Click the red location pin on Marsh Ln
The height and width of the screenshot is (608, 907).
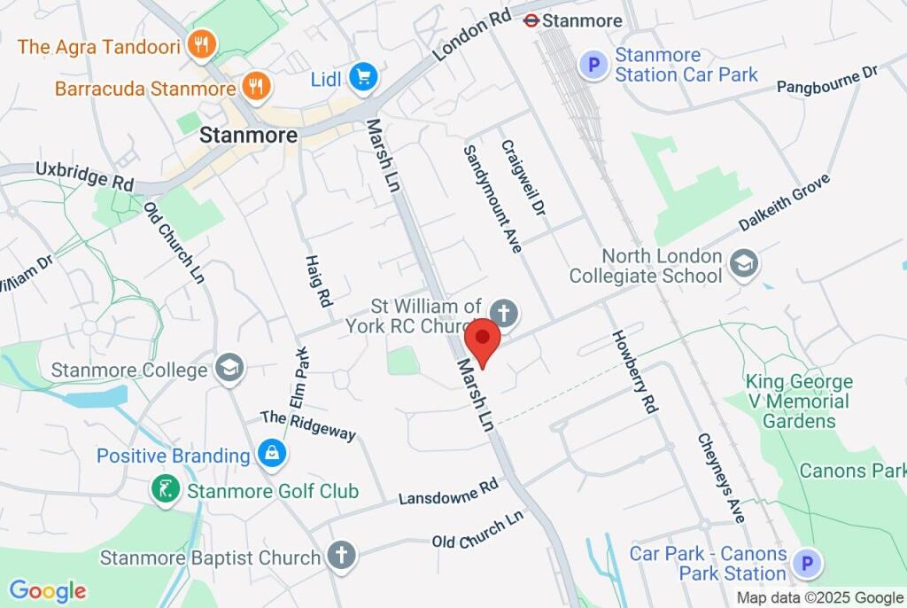483,341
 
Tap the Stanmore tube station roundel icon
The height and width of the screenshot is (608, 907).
531,19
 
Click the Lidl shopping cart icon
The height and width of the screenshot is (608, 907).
362,77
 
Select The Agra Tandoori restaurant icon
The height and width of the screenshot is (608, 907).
203,45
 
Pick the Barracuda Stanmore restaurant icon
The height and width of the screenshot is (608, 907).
258,87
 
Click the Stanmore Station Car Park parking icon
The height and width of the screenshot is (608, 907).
593,64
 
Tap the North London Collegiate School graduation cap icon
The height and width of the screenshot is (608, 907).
745,263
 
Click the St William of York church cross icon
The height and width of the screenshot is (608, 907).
504,313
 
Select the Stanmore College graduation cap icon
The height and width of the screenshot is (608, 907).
230,368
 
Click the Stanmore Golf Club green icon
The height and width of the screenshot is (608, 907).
165,489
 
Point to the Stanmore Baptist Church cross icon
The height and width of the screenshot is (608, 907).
340,556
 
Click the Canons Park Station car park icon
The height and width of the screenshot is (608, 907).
807,563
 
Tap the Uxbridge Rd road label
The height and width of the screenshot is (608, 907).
84,175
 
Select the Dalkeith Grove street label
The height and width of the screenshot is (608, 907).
786,202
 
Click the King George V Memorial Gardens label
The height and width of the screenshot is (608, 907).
799,401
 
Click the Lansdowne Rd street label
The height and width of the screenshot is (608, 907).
449,493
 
